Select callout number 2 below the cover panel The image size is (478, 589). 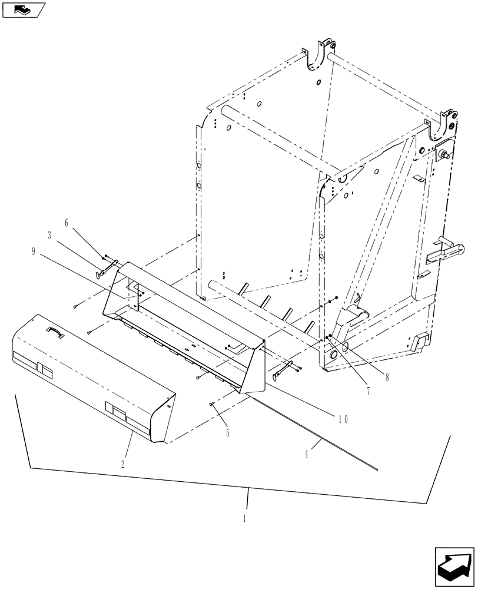122,464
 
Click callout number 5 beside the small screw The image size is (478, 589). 228,433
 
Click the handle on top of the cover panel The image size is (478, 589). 56,333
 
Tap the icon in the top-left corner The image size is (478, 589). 24,9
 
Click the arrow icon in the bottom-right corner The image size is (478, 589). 454,565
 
